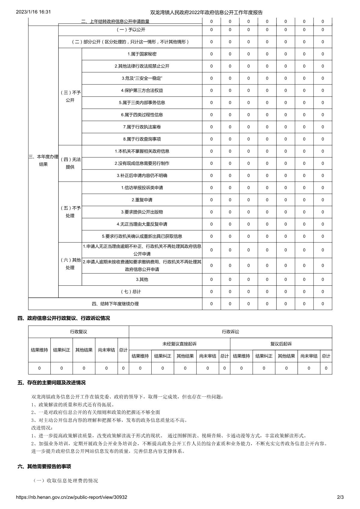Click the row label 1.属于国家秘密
pos(142,54)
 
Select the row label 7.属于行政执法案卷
pos(142,127)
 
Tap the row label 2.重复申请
pos(142,200)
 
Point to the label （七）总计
pos(130,292)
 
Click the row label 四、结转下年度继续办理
pos(115,304)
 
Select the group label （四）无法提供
pos(70,163)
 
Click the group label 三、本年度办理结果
pos(43,160)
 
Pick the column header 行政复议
pos(78,332)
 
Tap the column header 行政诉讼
pos(230,332)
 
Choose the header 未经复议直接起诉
pos(179,344)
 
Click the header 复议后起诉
pos(281,344)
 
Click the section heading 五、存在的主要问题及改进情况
pos(51,383)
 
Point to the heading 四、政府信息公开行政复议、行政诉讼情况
pos(64,318)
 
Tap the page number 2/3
pos(340,497)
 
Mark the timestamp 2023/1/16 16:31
pos(33,12)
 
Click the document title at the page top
pos(206,12)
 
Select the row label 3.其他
pos(142,279)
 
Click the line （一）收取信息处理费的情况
pos(65,480)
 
